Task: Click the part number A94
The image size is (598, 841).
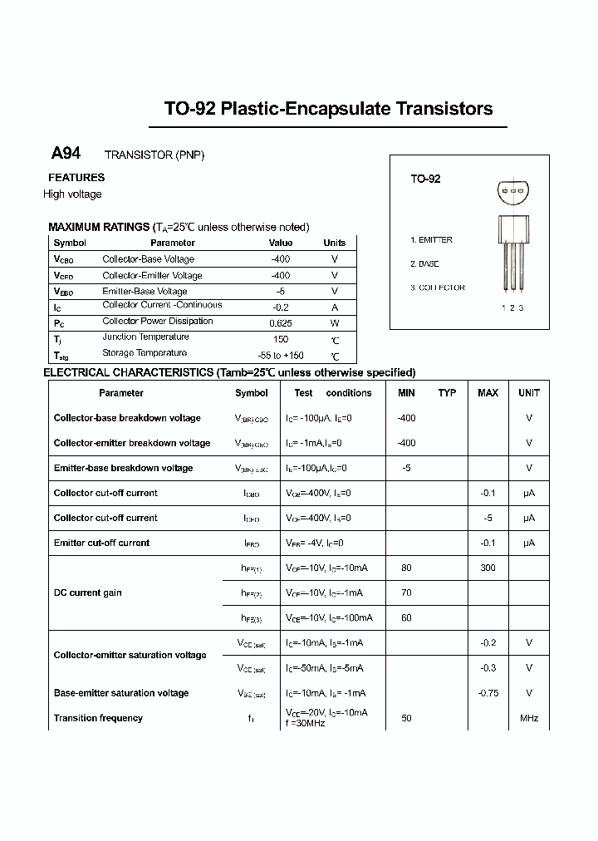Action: pyautogui.click(x=66, y=154)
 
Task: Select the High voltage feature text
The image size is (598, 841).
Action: pyautogui.click(x=72, y=194)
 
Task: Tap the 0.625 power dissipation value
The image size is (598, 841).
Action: pyautogui.click(x=281, y=322)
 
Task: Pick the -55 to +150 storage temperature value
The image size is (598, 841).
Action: pyautogui.click(x=281, y=355)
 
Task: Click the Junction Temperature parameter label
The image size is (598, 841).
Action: pyautogui.click(x=145, y=337)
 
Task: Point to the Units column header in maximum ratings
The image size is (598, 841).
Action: pyautogui.click(x=334, y=243)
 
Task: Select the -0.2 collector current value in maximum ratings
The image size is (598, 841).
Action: pyautogui.click(x=281, y=307)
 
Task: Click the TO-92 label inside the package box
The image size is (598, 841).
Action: pyautogui.click(x=425, y=179)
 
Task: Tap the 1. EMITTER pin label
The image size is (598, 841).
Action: pyautogui.click(x=431, y=240)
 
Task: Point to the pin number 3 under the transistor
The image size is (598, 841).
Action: pyautogui.click(x=521, y=307)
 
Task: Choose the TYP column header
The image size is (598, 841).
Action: pyautogui.click(x=447, y=393)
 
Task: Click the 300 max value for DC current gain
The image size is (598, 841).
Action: pyautogui.click(x=488, y=568)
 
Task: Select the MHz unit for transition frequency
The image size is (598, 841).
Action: pyautogui.click(x=528, y=718)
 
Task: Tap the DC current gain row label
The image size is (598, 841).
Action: pyautogui.click(x=88, y=593)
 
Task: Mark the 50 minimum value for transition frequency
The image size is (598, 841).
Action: pyautogui.click(x=406, y=718)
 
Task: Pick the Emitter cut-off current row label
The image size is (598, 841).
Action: pyautogui.click(x=101, y=543)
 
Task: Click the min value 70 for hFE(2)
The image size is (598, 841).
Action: pyautogui.click(x=406, y=593)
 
